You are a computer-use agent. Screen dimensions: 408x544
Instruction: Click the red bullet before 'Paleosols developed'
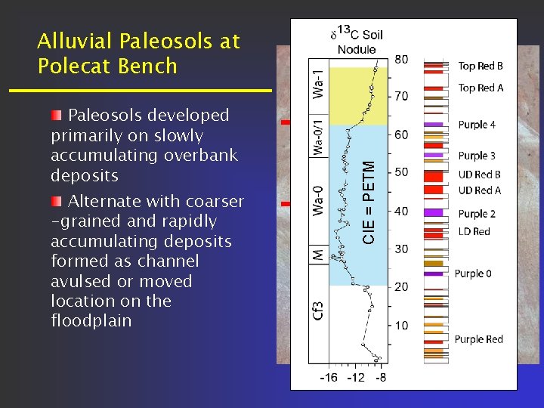pos(57,116)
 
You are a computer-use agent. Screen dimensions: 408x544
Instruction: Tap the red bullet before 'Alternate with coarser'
pos(57,202)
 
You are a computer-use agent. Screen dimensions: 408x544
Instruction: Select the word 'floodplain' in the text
pos(91,321)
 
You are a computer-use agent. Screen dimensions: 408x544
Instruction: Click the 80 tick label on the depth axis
pos(402,59)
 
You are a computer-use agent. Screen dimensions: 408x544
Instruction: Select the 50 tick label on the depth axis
pos(402,172)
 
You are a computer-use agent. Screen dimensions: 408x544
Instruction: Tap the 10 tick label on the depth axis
pos(402,326)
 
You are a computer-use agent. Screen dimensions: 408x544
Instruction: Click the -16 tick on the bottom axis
pos(329,377)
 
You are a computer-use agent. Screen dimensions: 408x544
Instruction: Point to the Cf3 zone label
pos(319,308)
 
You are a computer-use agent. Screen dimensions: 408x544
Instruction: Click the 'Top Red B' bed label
pos(481,66)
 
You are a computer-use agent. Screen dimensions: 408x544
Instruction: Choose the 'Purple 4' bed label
pos(477,125)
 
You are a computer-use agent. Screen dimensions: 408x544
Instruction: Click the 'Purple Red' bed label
pos(478,339)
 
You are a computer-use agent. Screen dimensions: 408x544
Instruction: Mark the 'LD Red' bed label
pos(474,231)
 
